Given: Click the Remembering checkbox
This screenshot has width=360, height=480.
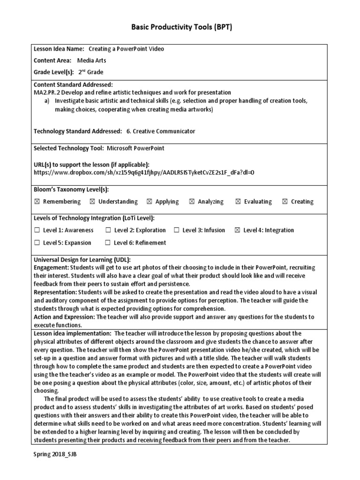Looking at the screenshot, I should coord(37,202).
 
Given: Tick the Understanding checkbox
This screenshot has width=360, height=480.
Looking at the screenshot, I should coord(92,202).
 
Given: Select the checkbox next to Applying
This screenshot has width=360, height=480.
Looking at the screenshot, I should coord(149,202).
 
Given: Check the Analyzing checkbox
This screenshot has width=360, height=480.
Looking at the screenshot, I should coord(192,202).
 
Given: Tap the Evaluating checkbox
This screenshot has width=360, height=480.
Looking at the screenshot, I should coord(238,202).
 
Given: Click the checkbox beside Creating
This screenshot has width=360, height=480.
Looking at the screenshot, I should coord(285,202).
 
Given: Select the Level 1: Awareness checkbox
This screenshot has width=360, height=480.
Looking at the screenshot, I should coord(37,230).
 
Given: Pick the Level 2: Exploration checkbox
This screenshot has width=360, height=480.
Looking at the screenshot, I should coord(108,230).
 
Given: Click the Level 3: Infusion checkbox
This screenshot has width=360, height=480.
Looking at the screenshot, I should coord(176,230).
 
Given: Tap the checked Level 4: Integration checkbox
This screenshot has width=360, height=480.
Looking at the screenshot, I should coord(237,230).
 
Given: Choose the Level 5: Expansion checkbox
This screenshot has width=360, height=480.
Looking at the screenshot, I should coord(37,243).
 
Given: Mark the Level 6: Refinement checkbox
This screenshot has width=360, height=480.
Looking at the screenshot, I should coord(108,243).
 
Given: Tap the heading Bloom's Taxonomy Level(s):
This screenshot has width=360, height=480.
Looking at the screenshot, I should coord(71,189).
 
